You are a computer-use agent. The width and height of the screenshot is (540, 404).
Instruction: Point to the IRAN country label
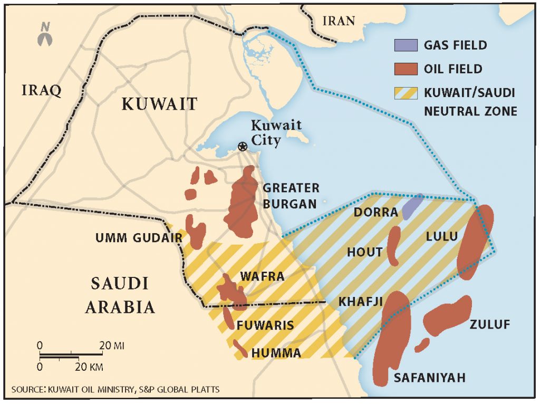(339, 21)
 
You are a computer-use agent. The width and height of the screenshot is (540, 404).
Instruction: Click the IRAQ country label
(41, 90)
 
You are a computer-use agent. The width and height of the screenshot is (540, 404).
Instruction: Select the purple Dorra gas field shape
(412, 206)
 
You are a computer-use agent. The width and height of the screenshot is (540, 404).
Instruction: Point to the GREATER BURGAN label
(291, 195)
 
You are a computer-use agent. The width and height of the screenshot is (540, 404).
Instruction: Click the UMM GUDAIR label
(139, 238)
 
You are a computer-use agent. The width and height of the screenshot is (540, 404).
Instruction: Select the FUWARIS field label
(265, 325)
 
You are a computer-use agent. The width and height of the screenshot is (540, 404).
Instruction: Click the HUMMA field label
(276, 353)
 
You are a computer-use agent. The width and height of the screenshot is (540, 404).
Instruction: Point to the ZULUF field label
(490, 324)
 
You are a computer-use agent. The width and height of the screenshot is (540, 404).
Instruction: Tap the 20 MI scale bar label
(112, 345)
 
